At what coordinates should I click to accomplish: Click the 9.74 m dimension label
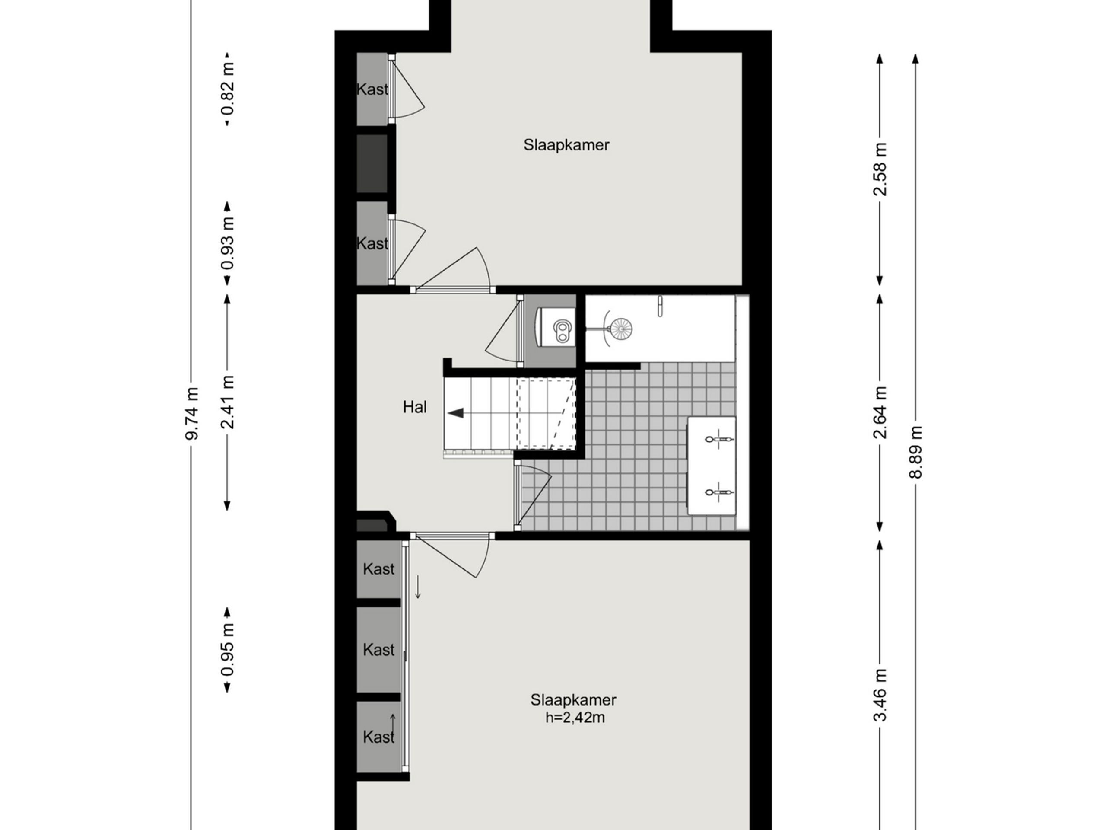pyautogui.click(x=191, y=413)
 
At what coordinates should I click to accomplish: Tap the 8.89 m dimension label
pyautogui.click(x=915, y=452)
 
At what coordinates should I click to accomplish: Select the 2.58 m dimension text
pyautogui.click(x=880, y=169)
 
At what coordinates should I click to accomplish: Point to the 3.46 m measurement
pyautogui.click(x=880, y=696)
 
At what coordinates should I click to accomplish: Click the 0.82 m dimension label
pyautogui.click(x=228, y=89)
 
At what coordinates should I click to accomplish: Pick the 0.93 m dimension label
pyautogui.click(x=228, y=244)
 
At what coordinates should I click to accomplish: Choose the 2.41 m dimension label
pyautogui.click(x=228, y=402)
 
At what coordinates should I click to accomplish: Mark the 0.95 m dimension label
pyautogui.click(x=228, y=649)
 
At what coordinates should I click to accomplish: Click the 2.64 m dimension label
pyautogui.click(x=880, y=412)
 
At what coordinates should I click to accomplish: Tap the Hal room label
pyautogui.click(x=414, y=407)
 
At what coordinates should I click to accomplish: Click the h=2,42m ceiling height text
pyautogui.click(x=575, y=718)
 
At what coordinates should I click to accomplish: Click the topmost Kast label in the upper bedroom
pyautogui.click(x=372, y=89)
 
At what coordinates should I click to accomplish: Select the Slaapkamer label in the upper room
pyautogui.click(x=566, y=145)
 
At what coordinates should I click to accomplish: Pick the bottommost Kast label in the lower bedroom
pyautogui.click(x=378, y=737)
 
